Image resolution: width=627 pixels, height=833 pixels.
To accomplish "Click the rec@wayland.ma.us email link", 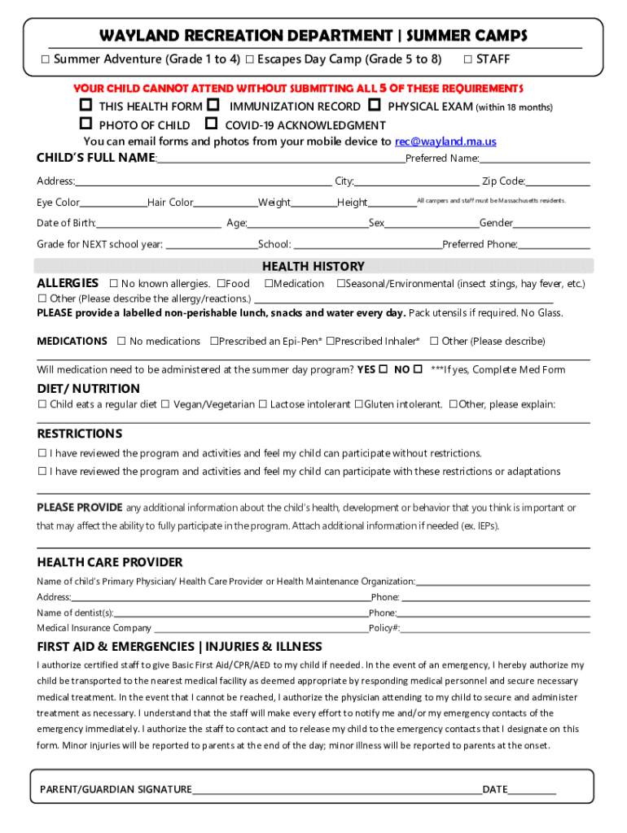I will (x=445, y=142).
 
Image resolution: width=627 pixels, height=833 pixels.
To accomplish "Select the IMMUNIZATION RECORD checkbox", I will (x=213, y=107).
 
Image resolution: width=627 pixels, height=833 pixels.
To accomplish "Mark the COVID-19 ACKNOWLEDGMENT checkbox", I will (x=211, y=125).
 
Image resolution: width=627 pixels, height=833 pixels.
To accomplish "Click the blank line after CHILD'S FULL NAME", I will (x=281, y=159).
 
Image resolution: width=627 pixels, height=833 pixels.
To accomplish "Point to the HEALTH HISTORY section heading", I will (x=313, y=267).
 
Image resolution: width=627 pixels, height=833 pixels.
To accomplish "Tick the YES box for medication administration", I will (x=383, y=369).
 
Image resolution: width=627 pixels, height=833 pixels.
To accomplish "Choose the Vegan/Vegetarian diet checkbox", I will (x=165, y=404).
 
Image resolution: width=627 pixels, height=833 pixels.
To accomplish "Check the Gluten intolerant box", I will (x=358, y=404).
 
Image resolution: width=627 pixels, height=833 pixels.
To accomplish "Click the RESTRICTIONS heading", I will (x=79, y=434).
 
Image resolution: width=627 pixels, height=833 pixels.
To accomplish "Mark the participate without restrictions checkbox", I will (x=42, y=453).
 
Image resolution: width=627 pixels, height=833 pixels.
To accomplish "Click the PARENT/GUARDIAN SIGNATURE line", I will (x=336, y=790).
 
